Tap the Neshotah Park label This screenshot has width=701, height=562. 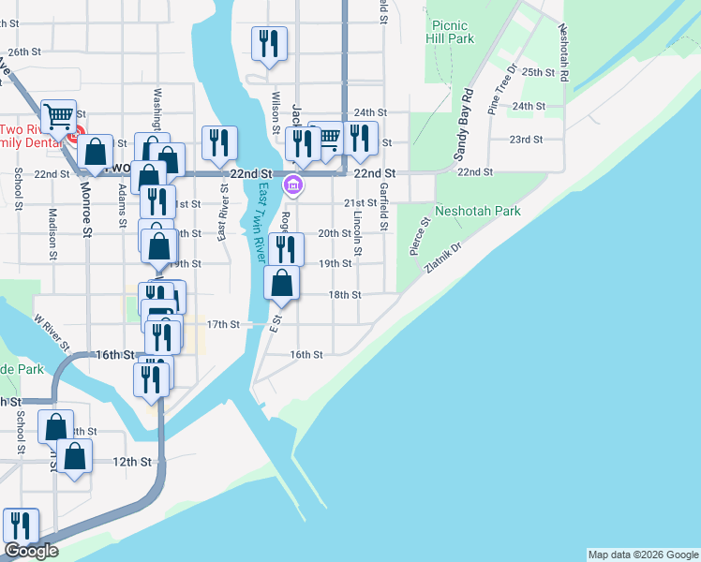[x=478, y=211]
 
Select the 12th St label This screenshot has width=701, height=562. [x=132, y=462]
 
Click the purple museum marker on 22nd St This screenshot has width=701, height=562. [x=293, y=185]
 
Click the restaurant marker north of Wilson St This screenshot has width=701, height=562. [x=269, y=42]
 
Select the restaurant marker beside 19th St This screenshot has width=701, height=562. [x=286, y=249]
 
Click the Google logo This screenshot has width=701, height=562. [x=31, y=551]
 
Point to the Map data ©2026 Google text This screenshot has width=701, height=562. [x=643, y=555]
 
